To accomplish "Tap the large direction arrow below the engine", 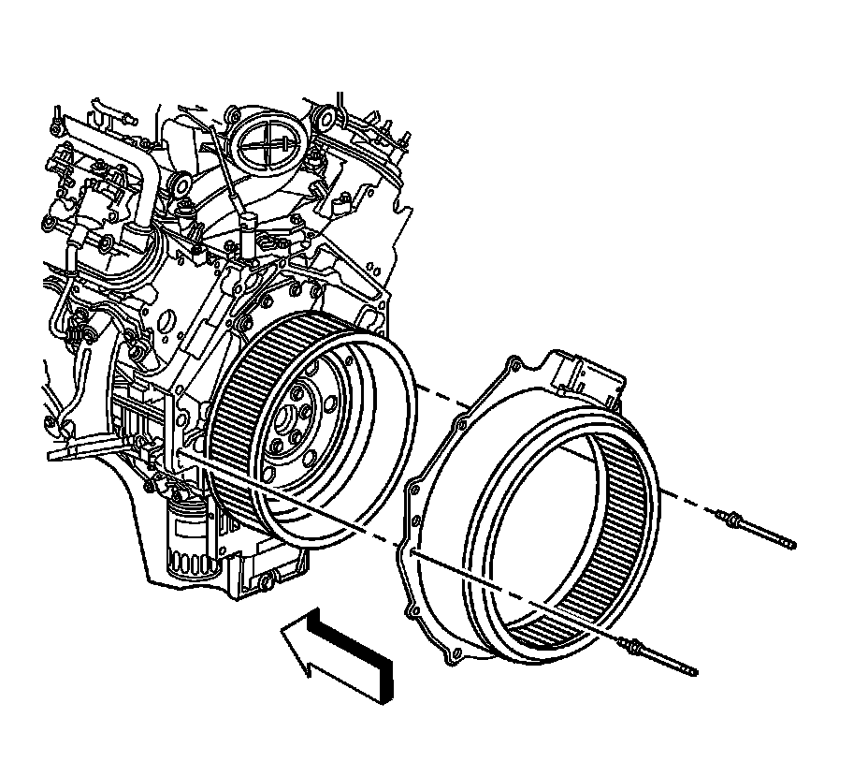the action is [x=341, y=655].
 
